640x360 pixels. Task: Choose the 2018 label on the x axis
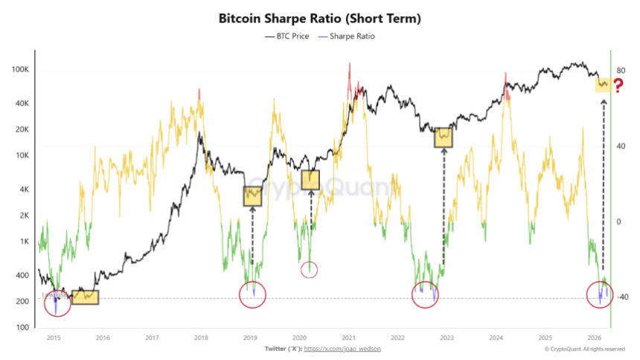200,337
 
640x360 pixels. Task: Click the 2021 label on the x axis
348,337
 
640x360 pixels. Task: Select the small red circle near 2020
310,269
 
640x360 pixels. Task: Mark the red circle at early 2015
57,303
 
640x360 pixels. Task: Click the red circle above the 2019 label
253,295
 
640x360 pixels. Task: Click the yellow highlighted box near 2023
444,137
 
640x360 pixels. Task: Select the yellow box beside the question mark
602,85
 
